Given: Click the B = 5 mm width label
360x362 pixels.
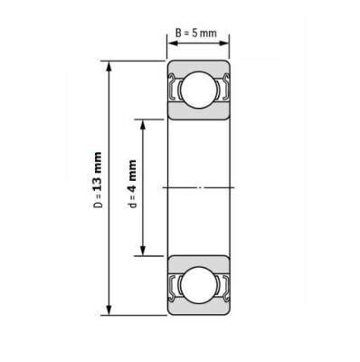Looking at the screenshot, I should tap(197, 33).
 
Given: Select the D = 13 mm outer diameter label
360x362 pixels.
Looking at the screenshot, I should tap(97, 187).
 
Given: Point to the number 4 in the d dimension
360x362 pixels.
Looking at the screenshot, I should tap(132, 176).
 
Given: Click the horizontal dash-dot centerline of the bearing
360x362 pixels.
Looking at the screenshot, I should tap(197, 187).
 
